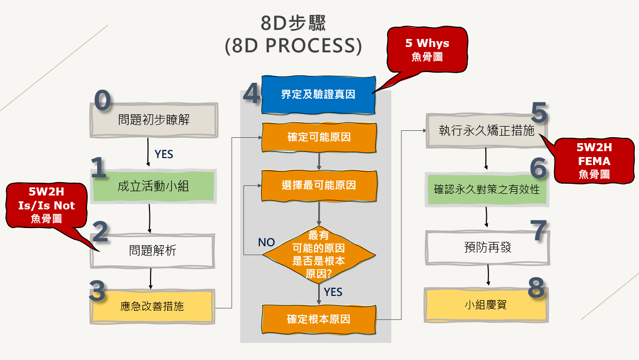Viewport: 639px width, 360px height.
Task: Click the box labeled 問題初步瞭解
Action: [154, 120]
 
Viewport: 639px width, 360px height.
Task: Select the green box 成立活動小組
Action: [153, 187]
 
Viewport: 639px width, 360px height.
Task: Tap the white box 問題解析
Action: [153, 251]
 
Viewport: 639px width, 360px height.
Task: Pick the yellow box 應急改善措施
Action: [152, 306]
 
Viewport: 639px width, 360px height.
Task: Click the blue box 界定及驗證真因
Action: [318, 95]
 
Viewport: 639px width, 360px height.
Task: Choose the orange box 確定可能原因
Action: [319, 138]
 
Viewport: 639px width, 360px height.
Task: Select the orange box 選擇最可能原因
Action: [319, 185]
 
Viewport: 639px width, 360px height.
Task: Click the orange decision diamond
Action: [319, 255]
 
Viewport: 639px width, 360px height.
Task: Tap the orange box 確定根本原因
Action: [319, 319]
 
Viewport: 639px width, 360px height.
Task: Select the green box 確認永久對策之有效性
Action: [486, 189]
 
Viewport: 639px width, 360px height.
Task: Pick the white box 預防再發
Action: [487, 247]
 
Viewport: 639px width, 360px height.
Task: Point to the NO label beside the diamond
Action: [266, 242]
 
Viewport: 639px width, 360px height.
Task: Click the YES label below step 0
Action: [164, 154]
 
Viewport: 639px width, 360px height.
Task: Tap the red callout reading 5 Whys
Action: [427, 49]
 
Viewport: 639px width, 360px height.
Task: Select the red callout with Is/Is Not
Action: [46, 205]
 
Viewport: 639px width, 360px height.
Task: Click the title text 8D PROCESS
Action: [293, 46]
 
